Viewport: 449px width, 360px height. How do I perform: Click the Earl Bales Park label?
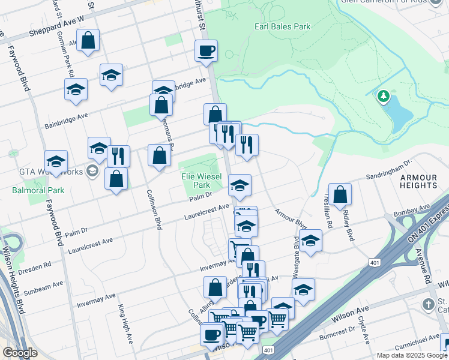pos(282,26)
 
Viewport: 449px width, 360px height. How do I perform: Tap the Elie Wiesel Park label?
pos(202,181)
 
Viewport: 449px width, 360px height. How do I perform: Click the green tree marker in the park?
pos(384,96)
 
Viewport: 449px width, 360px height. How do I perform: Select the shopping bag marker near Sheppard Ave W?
pos(88,41)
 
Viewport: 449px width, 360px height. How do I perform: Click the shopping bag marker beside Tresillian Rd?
pos(340,194)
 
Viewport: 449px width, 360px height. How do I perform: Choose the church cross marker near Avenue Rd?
pos(428,304)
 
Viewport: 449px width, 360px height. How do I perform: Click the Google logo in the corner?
pos(20,352)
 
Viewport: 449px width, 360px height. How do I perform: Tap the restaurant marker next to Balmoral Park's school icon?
pos(118,156)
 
